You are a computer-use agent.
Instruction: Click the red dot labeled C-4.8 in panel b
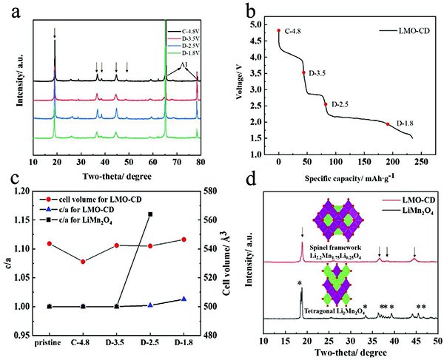tap(278, 31)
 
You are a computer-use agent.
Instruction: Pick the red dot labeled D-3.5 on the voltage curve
tap(303, 72)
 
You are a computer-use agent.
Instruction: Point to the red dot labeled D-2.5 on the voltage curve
tap(326, 104)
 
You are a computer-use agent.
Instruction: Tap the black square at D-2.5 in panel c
tap(150, 214)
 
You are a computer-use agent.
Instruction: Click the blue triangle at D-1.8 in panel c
tap(184, 299)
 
